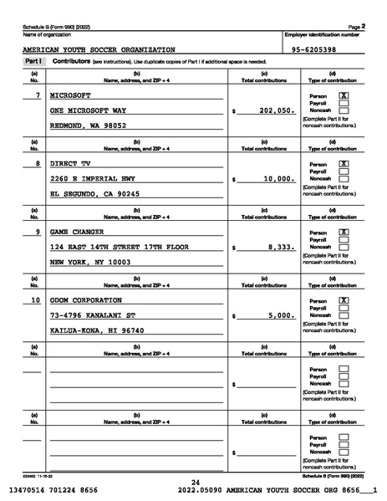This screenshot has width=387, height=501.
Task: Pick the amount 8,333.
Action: tap(282, 247)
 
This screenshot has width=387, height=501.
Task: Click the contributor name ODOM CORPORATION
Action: tap(86, 300)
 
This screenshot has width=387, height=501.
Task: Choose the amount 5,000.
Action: tap(282, 315)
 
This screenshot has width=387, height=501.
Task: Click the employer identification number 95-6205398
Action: tap(314, 50)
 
